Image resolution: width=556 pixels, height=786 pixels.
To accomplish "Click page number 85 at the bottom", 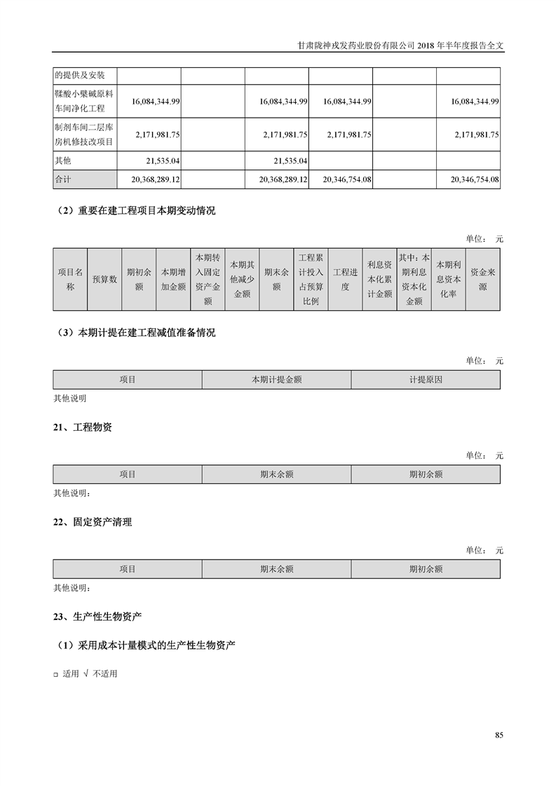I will tap(499, 735).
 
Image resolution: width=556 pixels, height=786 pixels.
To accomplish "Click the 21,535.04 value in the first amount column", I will tap(158, 160).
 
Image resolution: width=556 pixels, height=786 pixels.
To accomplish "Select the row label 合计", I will tap(63, 179).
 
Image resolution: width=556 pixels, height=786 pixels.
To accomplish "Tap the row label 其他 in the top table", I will tap(63, 160).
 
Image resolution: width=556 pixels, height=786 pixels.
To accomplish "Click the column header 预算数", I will tap(104, 279).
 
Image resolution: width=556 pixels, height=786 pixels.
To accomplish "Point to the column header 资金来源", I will tap(482, 279).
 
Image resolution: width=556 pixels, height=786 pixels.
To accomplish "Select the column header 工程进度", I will tap(345, 279).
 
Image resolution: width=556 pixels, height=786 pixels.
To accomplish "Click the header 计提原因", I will tap(426, 379).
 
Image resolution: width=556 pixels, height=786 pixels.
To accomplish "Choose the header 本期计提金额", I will tap(276, 379).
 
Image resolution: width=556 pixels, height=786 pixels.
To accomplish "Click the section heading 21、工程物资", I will tap(83, 427).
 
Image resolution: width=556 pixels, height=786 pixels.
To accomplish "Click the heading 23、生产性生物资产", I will tap(97, 616).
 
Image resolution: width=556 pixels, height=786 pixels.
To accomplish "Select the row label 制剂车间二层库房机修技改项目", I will tap(83, 135).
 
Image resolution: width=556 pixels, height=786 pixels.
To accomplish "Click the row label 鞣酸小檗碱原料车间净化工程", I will tap(83, 102).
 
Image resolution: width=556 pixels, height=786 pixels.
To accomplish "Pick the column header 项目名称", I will tap(69, 279).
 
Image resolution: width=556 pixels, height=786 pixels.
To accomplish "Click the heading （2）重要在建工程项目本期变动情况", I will tap(134, 211).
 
